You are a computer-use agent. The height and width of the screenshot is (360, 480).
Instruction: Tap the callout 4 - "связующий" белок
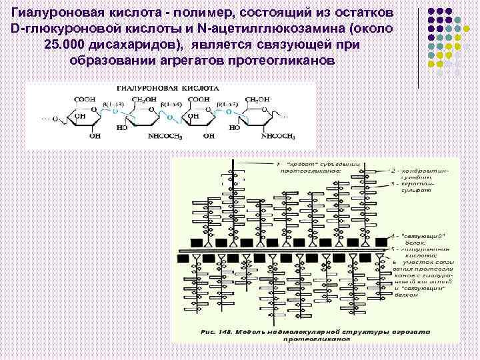click(424, 240)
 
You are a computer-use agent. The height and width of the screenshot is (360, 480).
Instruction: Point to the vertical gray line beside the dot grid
click(419, 47)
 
